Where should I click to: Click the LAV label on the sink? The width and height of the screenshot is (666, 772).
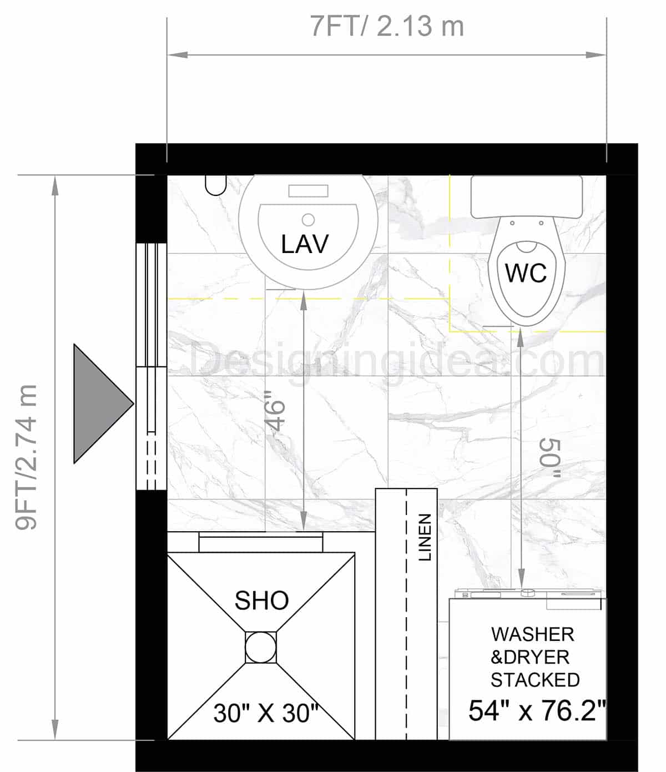pos(305,244)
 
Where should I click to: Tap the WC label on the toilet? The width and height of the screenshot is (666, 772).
pos(526,273)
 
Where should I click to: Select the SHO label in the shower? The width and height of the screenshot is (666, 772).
pos(261,601)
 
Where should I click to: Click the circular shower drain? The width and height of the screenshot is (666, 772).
pos(260,647)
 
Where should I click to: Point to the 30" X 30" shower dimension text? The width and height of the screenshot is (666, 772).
pos(266,713)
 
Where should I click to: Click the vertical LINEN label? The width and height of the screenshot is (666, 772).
pos(425,537)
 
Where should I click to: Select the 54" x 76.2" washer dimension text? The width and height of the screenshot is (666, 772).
pos(536,710)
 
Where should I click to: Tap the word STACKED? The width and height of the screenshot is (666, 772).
pos(535,680)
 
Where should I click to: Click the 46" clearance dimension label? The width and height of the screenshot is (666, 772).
pos(276,411)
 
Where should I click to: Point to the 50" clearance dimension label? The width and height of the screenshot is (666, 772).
pos(550,458)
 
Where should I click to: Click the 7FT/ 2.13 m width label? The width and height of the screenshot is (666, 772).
pos(387,27)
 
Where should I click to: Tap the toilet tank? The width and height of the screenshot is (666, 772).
pos(526,196)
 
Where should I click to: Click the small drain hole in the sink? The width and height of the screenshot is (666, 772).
pos(309,219)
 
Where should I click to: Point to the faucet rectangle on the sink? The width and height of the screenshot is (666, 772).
pos(308,191)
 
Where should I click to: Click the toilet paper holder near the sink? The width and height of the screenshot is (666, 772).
pos(215,185)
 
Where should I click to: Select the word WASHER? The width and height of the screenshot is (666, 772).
pos(532,634)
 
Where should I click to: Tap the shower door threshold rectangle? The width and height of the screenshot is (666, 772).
pos(261,542)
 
